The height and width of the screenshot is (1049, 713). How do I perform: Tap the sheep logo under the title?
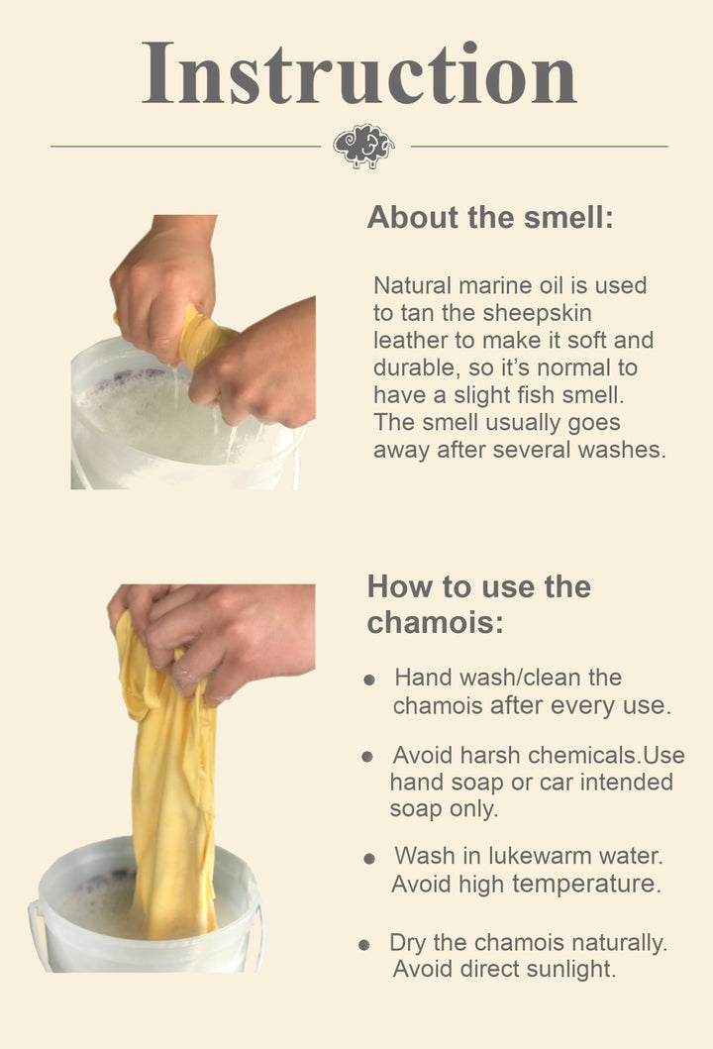click(363, 146)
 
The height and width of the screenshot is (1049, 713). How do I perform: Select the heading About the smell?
click(490, 218)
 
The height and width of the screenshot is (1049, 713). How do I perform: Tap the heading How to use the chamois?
click(478, 603)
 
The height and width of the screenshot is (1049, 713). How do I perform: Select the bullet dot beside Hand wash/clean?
click(369, 681)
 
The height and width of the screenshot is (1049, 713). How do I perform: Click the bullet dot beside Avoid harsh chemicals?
click(367, 757)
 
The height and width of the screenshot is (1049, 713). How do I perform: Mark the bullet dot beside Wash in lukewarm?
click(369, 859)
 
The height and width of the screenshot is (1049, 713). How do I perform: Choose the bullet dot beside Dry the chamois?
click(364, 945)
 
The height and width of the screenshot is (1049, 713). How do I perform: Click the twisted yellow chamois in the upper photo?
click(198, 337)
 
